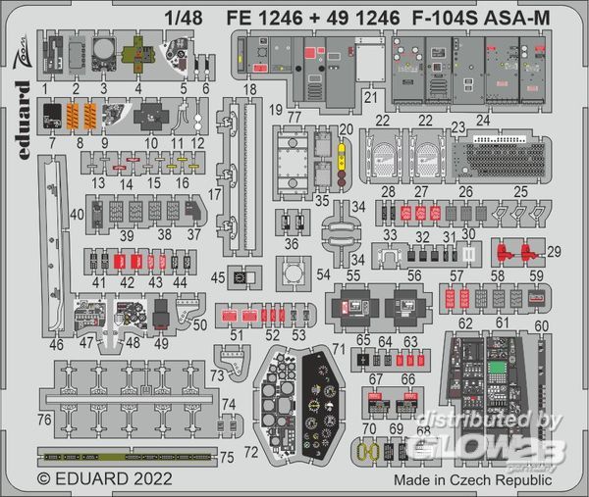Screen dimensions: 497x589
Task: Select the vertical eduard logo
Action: pos(22,109)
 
